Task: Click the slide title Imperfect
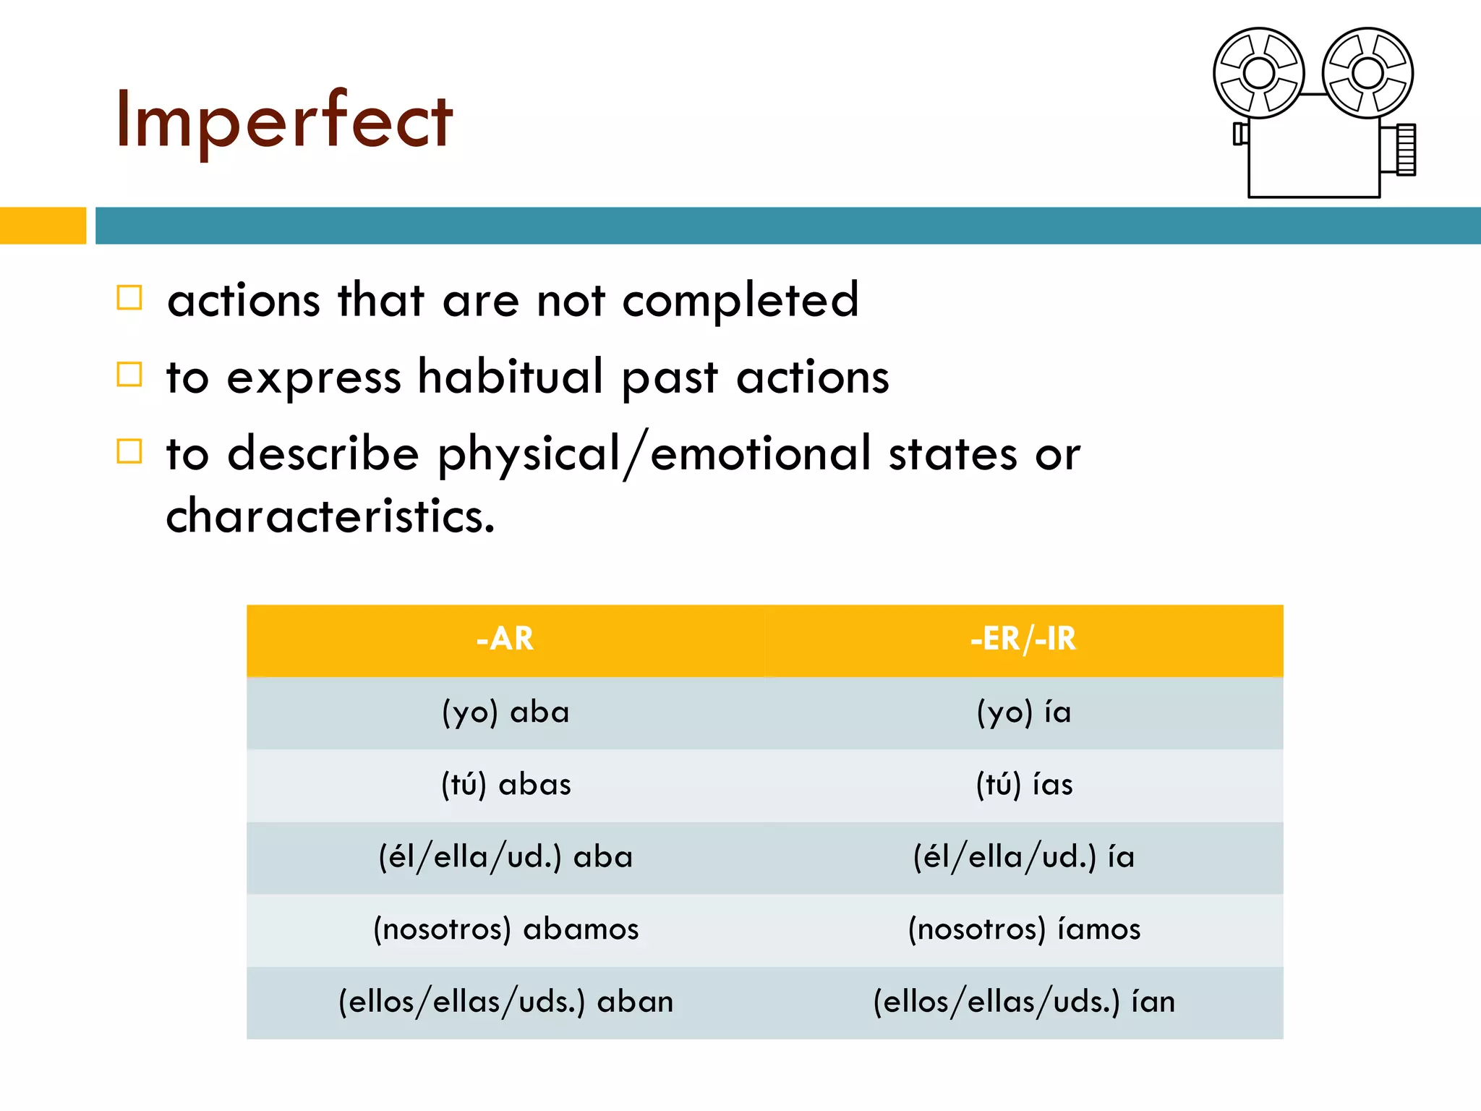[283, 119]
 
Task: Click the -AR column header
[505, 639]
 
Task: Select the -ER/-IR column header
[1023, 639]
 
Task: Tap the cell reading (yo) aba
[505, 712]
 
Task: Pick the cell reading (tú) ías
[1023, 785]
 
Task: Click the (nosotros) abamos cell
[505, 929]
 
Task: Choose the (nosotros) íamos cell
[1023, 929]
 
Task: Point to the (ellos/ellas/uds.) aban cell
[505, 1002]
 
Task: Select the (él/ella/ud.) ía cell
[1023, 857]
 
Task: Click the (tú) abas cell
[505, 785]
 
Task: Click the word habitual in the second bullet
[510, 377]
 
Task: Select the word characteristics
[330, 516]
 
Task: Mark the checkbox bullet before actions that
[129, 298]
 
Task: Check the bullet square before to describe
[129, 451]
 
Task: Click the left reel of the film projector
[1258, 73]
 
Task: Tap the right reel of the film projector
[1367, 73]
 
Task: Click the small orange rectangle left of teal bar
[42, 226]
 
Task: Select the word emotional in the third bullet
[760, 454]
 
